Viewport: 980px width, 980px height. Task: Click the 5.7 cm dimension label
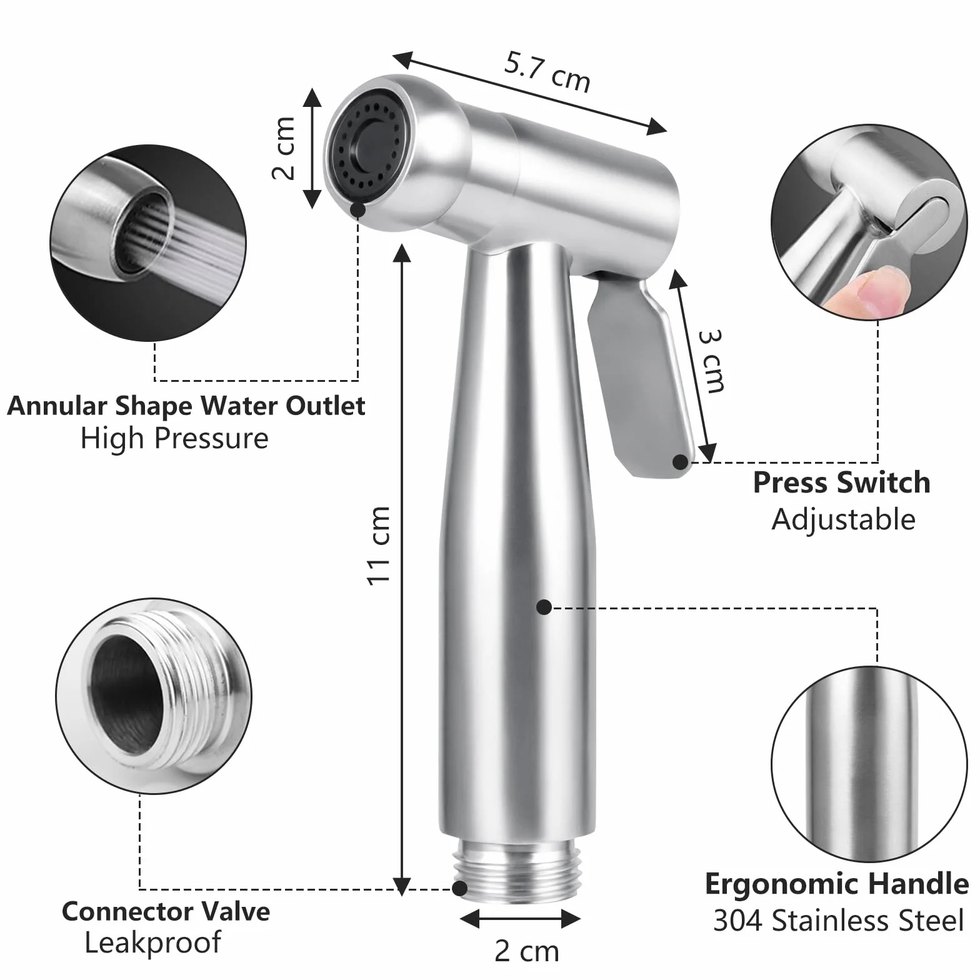coord(547,72)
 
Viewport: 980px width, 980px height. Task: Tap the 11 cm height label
coord(379,546)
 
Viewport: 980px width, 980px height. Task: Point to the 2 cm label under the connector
coord(527,951)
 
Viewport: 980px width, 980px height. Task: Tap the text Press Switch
coord(841,482)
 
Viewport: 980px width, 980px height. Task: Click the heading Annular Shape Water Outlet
coord(186,406)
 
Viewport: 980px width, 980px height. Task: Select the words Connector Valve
coord(166,911)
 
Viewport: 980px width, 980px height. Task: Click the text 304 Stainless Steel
coord(839,921)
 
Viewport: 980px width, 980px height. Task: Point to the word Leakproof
coord(152,943)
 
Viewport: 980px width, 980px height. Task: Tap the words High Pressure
coord(174,439)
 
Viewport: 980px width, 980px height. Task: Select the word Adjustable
coord(843,520)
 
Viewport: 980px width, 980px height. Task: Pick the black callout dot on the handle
coord(544,607)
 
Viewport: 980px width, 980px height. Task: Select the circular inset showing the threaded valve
coord(154,696)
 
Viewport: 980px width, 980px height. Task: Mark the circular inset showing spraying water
coord(148,243)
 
